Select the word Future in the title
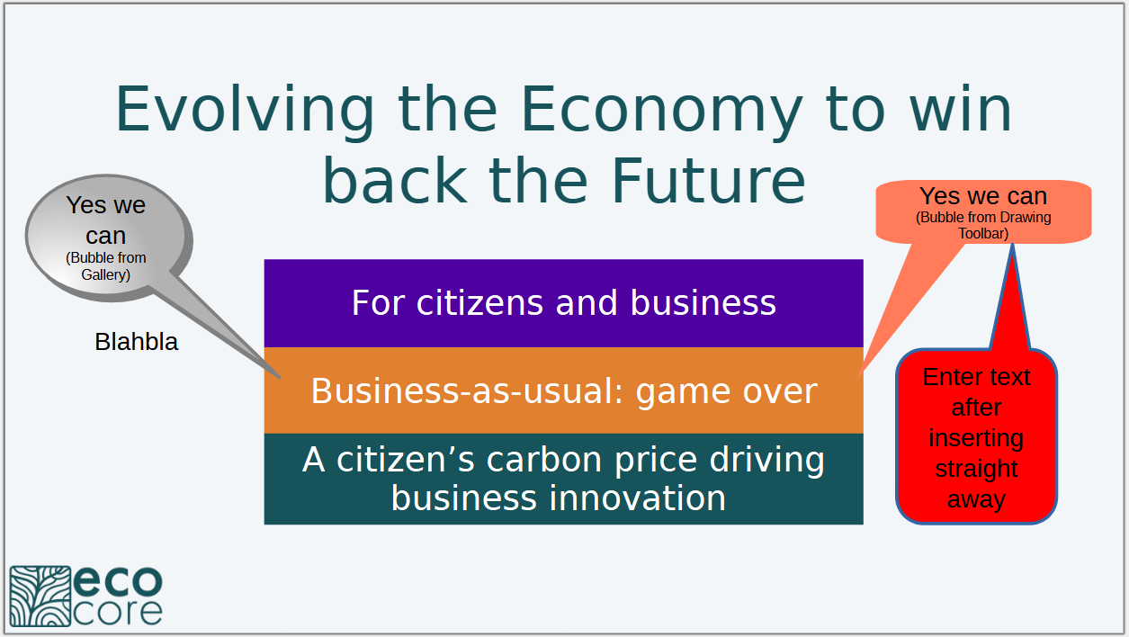click(709, 181)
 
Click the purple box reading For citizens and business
click(563, 303)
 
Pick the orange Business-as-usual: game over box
click(563, 390)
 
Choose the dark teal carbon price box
click(563, 479)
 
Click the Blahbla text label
click(136, 342)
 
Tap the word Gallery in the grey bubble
click(105, 275)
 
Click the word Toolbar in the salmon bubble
click(983, 234)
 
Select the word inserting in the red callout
click(976, 438)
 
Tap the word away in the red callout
click(976, 499)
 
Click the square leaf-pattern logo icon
click(40, 597)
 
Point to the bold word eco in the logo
click(118, 581)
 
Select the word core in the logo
click(118, 613)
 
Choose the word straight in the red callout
click(976, 469)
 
